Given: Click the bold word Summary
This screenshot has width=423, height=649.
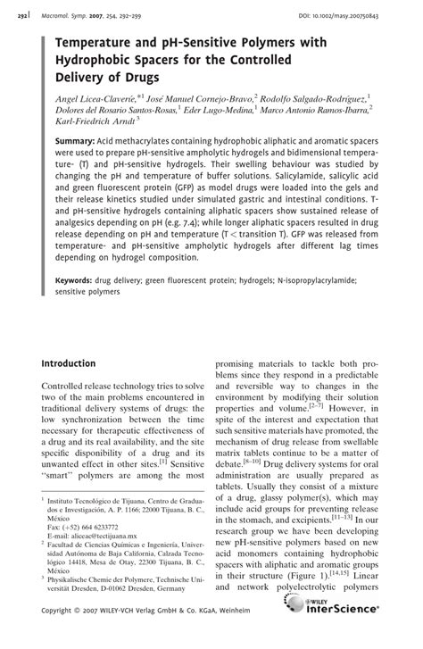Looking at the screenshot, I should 76,142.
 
